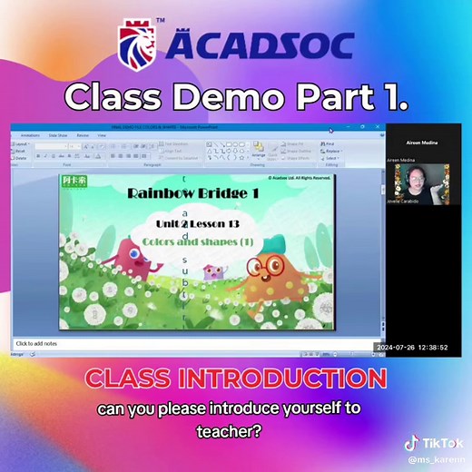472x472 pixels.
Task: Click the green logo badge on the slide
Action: tap(73, 180)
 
